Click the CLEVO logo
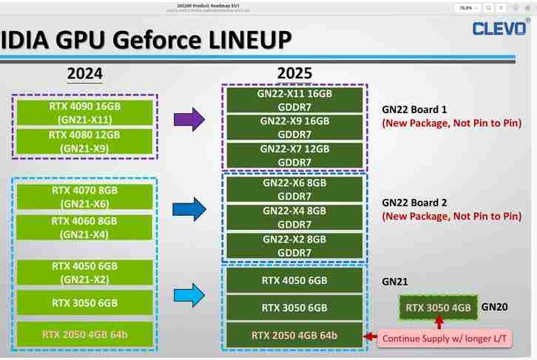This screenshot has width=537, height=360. (x=500, y=28)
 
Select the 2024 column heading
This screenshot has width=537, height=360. (x=84, y=73)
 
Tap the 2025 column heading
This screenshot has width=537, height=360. (x=294, y=73)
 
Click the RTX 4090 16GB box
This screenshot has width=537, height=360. (x=85, y=112)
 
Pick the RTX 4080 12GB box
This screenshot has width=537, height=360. (x=85, y=141)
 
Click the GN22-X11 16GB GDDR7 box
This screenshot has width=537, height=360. (x=294, y=101)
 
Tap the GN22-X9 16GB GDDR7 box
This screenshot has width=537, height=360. (x=294, y=127)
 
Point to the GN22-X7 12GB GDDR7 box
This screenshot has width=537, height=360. (x=294, y=155)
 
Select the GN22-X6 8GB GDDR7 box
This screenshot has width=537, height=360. (x=294, y=189)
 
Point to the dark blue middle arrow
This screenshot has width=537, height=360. (x=189, y=208)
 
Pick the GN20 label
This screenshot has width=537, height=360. (x=493, y=305)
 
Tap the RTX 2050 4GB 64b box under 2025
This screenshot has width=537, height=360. (x=294, y=335)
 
